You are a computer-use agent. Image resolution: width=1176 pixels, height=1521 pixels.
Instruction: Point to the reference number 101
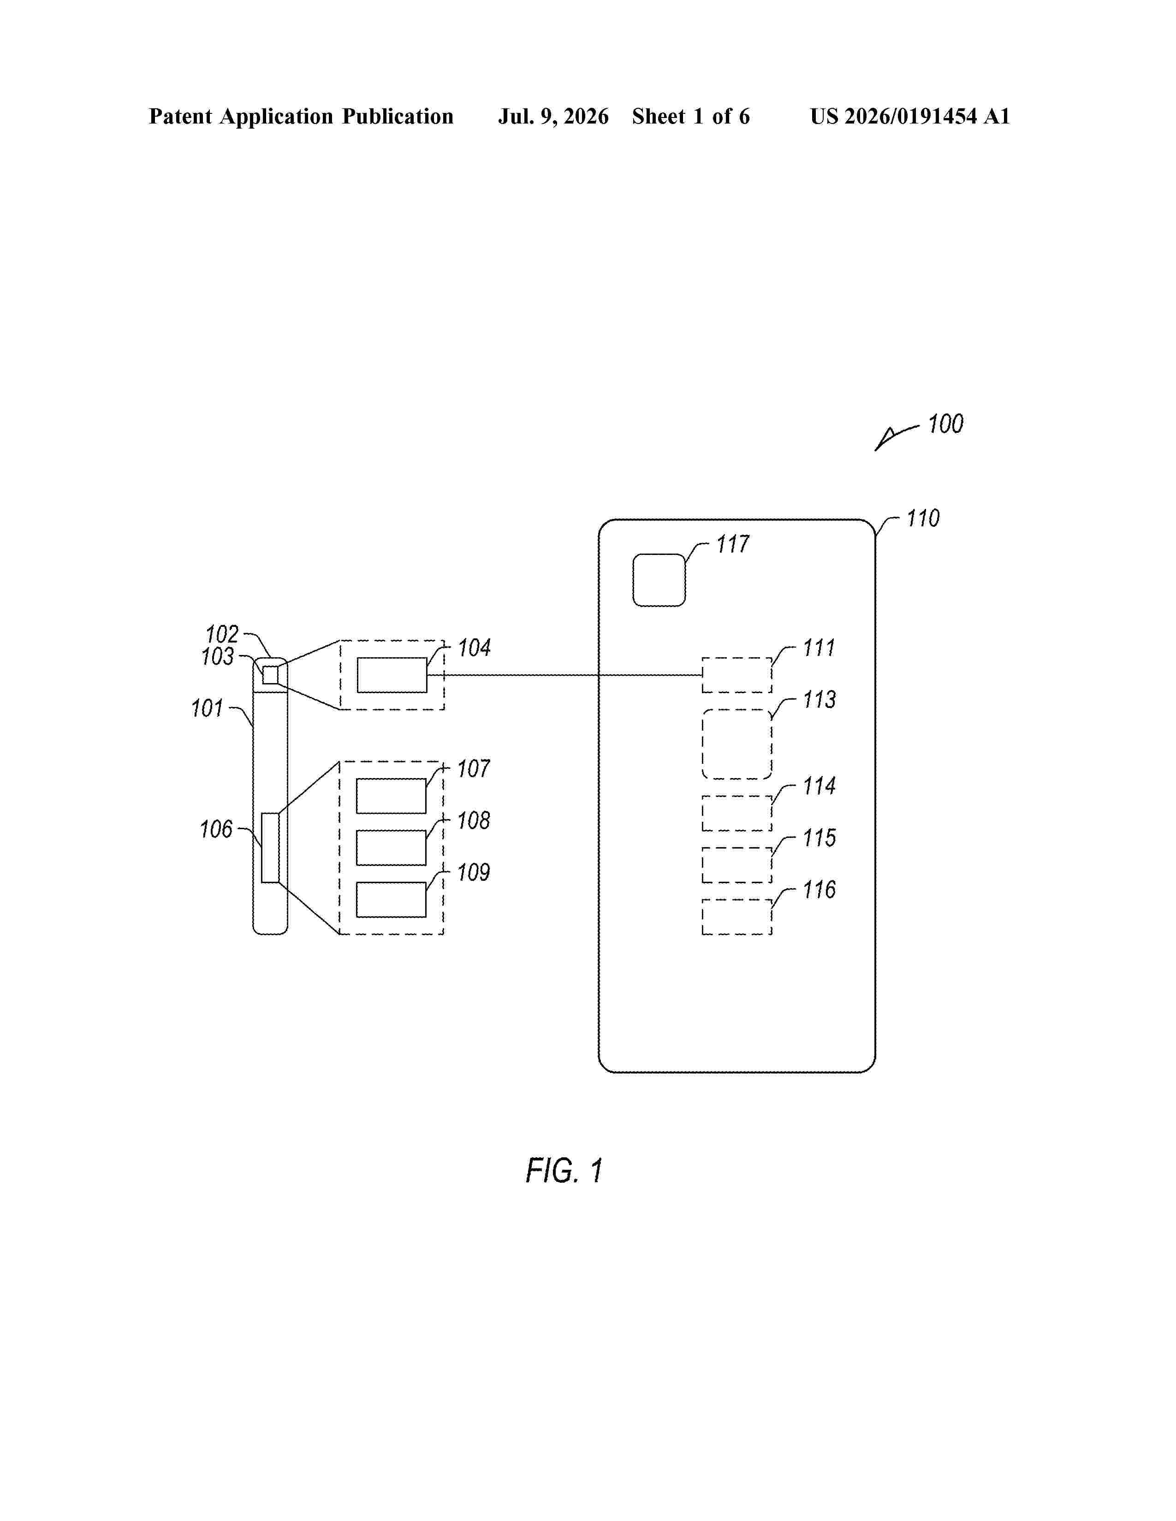[207, 708]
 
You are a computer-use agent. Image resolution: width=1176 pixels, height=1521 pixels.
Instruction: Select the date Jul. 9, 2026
[553, 116]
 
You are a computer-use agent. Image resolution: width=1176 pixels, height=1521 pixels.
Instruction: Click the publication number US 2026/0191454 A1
[910, 116]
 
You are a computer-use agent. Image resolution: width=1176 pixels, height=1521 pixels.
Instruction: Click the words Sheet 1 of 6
[691, 116]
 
